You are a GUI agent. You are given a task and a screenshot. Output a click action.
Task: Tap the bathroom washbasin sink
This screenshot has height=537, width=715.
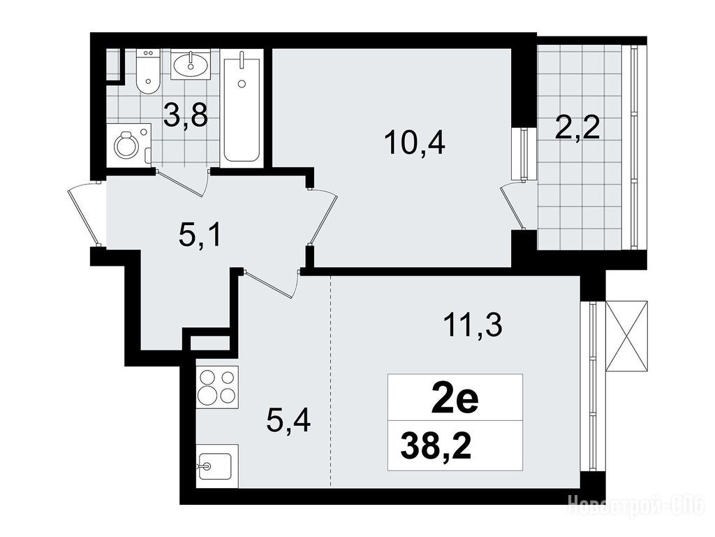tap(191, 65)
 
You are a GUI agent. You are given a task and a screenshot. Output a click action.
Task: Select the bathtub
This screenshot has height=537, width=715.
tap(242, 106)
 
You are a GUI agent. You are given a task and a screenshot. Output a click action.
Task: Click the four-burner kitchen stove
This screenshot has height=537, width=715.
tap(218, 387)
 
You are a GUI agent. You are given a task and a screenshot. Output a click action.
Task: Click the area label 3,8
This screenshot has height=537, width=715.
tap(186, 115)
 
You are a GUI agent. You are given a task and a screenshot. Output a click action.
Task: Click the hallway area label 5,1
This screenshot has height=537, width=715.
tap(200, 236)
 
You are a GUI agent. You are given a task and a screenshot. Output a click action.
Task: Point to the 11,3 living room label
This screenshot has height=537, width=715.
tap(472, 325)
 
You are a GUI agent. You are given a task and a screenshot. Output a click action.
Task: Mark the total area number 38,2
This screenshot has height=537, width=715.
tap(436, 447)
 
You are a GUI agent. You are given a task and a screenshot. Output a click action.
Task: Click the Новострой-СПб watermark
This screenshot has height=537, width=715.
tap(637, 506)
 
